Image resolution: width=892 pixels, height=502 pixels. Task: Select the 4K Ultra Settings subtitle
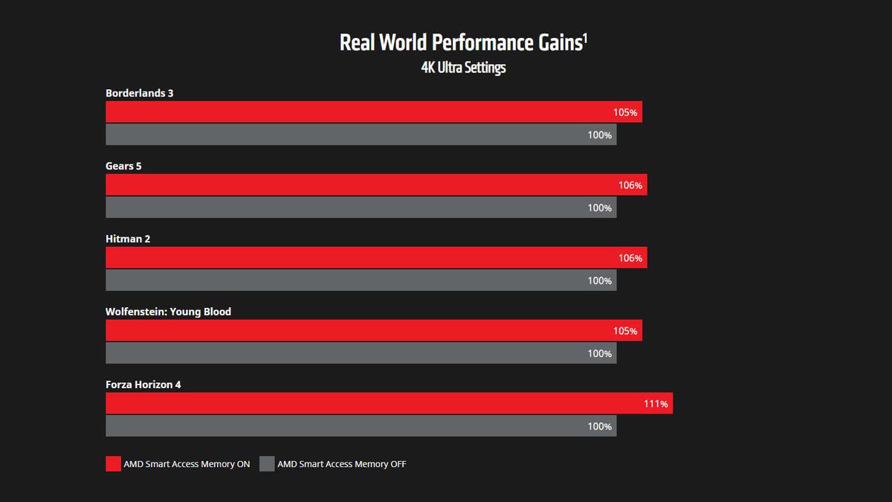pyautogui.click(x=463, y=68)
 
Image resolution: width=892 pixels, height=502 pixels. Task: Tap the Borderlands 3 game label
pyautogui.click(x=140, y=93)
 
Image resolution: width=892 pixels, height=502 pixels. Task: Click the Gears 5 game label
pyautogui.click(x=123, y=166)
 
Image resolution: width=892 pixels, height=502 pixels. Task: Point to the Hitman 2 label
pyautogui.click(x=128, y=239)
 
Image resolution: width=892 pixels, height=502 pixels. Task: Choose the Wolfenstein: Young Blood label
pyautogui.click(x=168, y=312)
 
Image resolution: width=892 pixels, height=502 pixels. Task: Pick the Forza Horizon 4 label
pyautogui.click(x=143, y=384)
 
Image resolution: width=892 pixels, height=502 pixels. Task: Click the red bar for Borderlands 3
pyautogui.click(x=357, y=112)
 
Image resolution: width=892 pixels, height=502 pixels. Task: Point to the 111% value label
pyautogui.click(x=656, y=405)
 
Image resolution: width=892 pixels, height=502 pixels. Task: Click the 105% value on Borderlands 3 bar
pyautogui.click(x=625, y=112)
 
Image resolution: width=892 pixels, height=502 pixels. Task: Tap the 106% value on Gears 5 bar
pyautogui.click(x=630, y=185)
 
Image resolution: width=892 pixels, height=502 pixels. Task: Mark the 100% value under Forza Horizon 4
pyautogui.click(x=600, y=426)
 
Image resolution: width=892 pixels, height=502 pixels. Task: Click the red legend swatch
pyautogui.click(x=113, y=464)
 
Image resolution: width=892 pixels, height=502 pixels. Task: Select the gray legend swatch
pyautogui.click(x=267, y=464)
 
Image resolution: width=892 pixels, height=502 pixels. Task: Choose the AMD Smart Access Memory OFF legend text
pyautogui.click(x=342, y=464)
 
